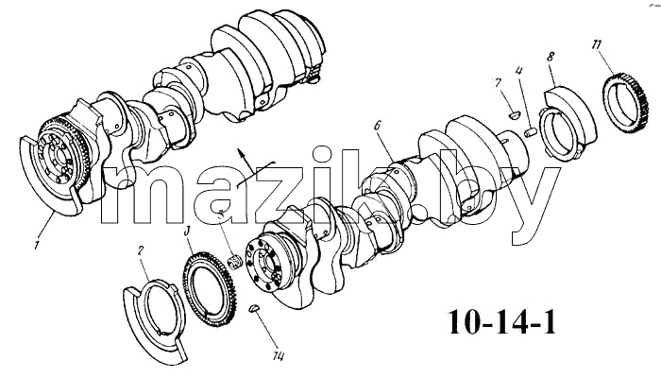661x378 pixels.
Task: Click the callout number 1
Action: click(37, 244)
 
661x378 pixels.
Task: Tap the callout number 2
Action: click(141, 251)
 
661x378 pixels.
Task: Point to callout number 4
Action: click(519, 71)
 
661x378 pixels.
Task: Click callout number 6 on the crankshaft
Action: click(378, 125)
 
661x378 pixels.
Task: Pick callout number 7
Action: click(498, 83)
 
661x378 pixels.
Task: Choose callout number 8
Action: click(551, 57)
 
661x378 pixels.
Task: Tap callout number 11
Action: click(597, 44)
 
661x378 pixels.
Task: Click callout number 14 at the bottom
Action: click(278, 356)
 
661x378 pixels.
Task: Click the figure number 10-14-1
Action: click(501, 322)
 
